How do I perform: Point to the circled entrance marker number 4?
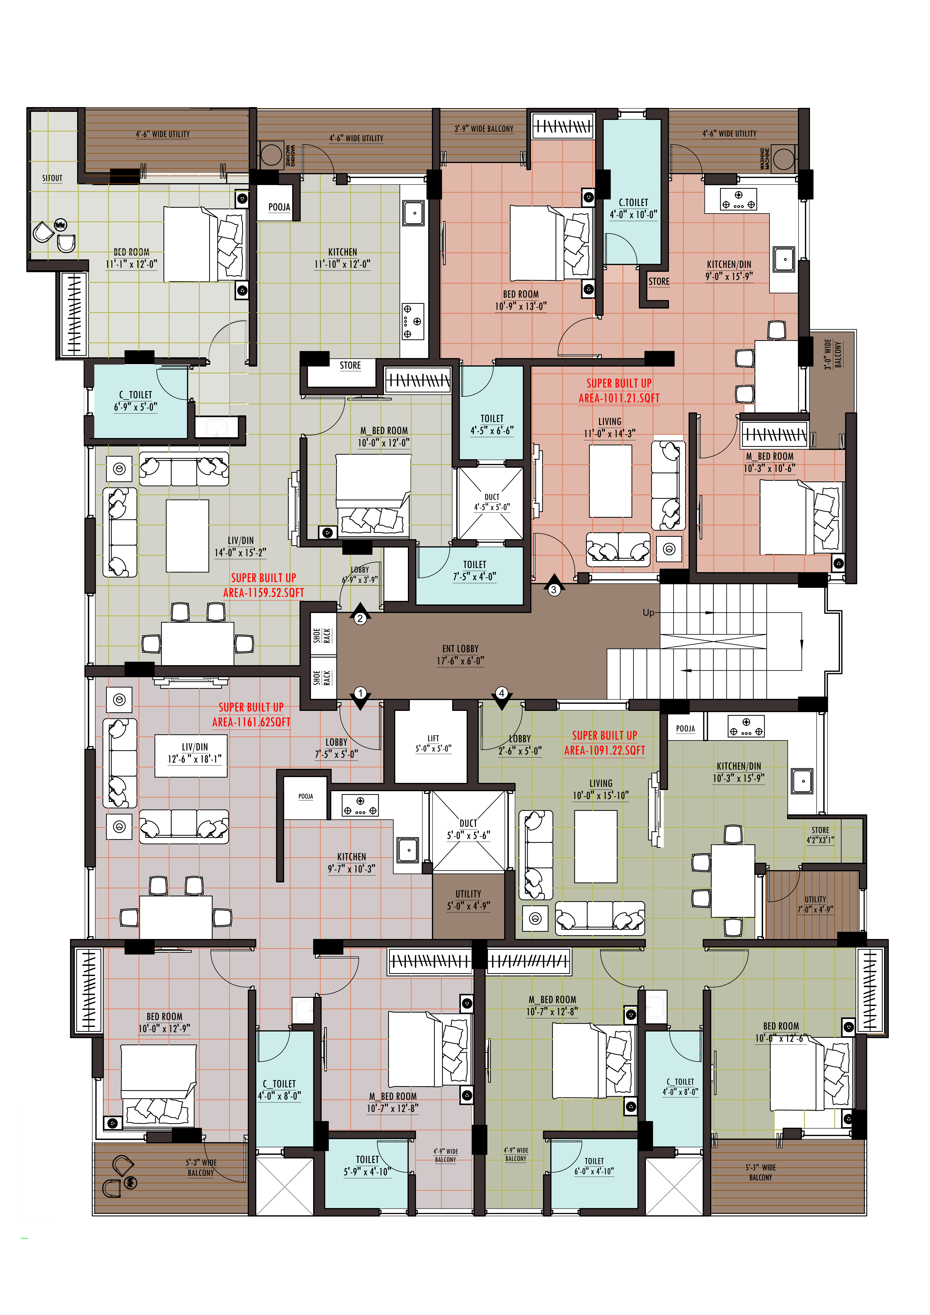(502, 693)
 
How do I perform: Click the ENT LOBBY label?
(460, 655)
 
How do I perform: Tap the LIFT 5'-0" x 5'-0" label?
(434, 743)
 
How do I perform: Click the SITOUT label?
(52, 178)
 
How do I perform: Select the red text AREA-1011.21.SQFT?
(619, 398)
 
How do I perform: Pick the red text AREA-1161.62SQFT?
(251, 722)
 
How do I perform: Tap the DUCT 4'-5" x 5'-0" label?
(492, 502)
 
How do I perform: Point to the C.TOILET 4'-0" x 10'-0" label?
(633, 209)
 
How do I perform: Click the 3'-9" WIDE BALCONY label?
(484, 129)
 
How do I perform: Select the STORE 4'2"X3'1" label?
(821, 835)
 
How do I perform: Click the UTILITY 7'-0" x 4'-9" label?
(815, 904)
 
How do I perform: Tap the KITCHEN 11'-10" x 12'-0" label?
(342, 258)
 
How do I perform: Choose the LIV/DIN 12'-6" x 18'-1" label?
(195, 753)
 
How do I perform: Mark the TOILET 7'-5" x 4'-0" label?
(475, 570)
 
